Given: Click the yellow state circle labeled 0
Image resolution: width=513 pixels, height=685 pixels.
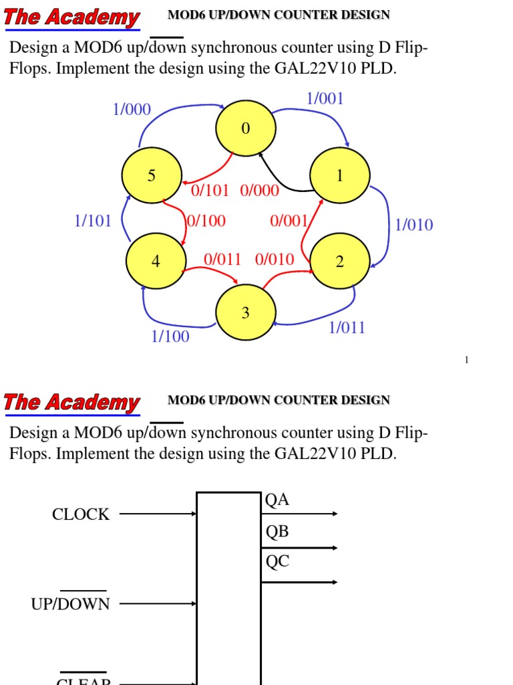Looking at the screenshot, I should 245,129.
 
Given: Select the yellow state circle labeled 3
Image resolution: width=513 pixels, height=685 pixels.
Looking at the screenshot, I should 245,312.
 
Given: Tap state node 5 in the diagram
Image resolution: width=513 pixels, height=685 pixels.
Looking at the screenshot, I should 152,176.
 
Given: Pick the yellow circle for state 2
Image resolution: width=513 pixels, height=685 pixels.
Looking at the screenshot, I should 339,262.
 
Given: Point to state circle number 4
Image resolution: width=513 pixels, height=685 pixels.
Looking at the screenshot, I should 156,262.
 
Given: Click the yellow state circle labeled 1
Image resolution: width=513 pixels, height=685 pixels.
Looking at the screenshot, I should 340,176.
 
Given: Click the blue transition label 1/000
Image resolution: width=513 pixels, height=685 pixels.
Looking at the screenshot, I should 132,109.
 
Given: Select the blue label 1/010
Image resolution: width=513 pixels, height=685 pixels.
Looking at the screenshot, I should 413,225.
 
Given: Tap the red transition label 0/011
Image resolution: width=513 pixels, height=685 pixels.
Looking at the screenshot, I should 222,260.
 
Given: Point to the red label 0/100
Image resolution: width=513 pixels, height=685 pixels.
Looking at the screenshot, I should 206,221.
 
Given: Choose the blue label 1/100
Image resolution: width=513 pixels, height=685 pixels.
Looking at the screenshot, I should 170,336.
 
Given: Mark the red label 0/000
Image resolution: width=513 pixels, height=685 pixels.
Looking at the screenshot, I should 259,191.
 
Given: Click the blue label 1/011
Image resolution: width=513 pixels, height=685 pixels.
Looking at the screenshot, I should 347,328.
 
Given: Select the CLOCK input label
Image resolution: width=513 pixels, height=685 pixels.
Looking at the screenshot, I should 81,514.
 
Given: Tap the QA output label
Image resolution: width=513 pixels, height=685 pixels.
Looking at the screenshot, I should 277,500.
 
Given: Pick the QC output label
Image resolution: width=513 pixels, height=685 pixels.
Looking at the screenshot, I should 277,562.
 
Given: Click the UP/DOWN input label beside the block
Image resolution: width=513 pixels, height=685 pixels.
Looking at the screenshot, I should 70,603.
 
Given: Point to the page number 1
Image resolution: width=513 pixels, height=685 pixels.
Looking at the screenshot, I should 467,361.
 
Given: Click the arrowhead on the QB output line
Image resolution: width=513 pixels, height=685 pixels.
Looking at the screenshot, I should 334,548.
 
